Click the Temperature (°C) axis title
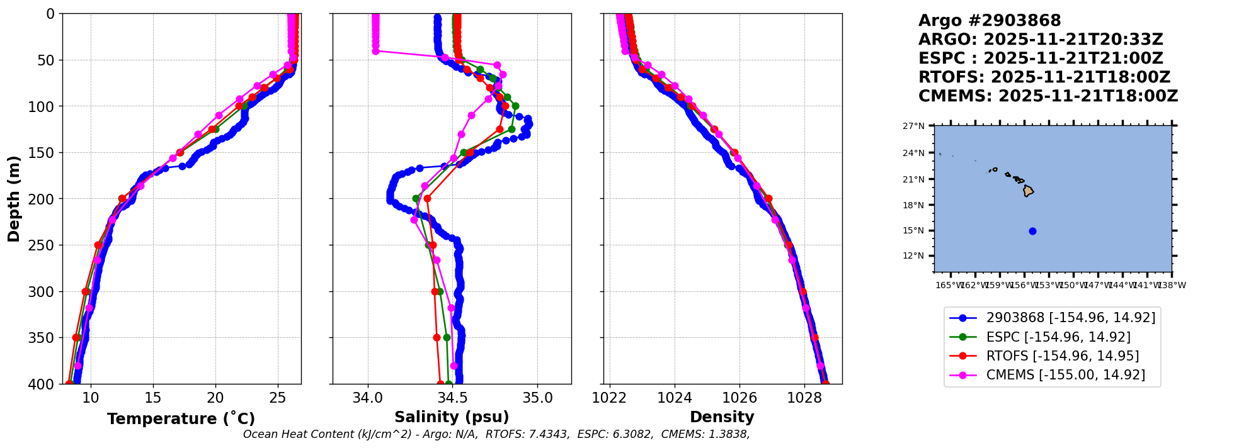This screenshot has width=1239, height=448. pyautogui.click(x=181, y=418)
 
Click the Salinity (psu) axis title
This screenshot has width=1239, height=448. pyautogui.click(x=452, y=417)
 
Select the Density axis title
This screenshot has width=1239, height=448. pyautogui.click(x=722, y=417)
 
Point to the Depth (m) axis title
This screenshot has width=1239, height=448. pyautogui.click(x=14, y=199)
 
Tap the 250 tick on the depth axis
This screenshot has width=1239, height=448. pyautogui.click(x=44, y=245)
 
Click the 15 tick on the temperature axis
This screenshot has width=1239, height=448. pyautogui.click(x=153, y=398)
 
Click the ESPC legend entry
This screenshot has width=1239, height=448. pyautogui.click(x=1058, y=337)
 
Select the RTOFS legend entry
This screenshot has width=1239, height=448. pyautogui.click(x=1063, y=356)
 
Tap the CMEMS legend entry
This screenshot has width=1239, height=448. pyautogui.click(x=1065, y=375)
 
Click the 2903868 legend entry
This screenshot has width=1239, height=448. pyautogui.click(x=1071, y=318)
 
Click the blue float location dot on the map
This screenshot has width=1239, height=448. pyautogui.click(x=1032, y=231)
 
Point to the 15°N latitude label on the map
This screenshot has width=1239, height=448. pyautogui.click(x=913, y=231)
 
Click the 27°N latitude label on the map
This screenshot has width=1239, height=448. pyautogui.click(x=913, y=126)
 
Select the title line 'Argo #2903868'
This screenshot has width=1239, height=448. pyautogui.click(x=990, y=21)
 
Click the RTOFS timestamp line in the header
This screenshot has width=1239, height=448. pyautogui.click(x=1044, y=77)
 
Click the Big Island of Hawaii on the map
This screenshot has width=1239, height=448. pyautogui.click(x=1028, y=190)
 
